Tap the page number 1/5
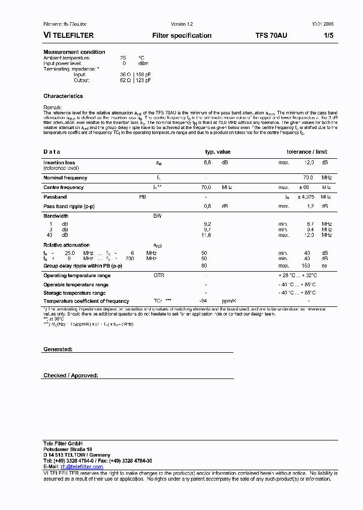click(x=328, y=35)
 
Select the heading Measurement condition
click(x=74, y=52)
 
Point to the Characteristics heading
click(x=63, y=96)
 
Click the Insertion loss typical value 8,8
click(x=207, y=162)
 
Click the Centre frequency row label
click(x=64, y=187)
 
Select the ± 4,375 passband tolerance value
click(x=307, y=197)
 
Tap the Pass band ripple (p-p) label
click(x=69, y=207)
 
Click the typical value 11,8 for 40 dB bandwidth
click(x=207, y=235)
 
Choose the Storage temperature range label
click(x=74, y=293)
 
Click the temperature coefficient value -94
click(x=205, y=301)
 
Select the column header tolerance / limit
click(x=307, y=152)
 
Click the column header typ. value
click(x=217, y=152)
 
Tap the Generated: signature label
click(x=58, y=349)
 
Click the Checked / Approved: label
click(x=71, y=375)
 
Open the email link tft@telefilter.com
click(x=82, y=467)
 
